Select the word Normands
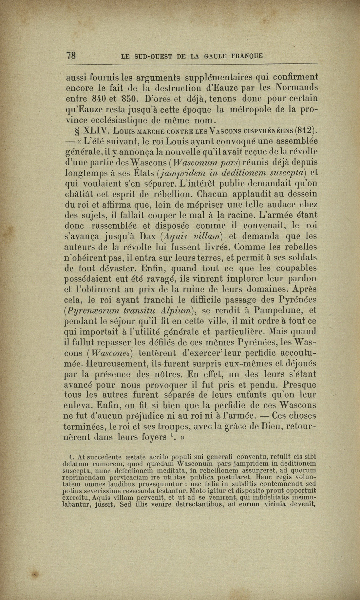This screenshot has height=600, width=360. [x=296, y=88]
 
